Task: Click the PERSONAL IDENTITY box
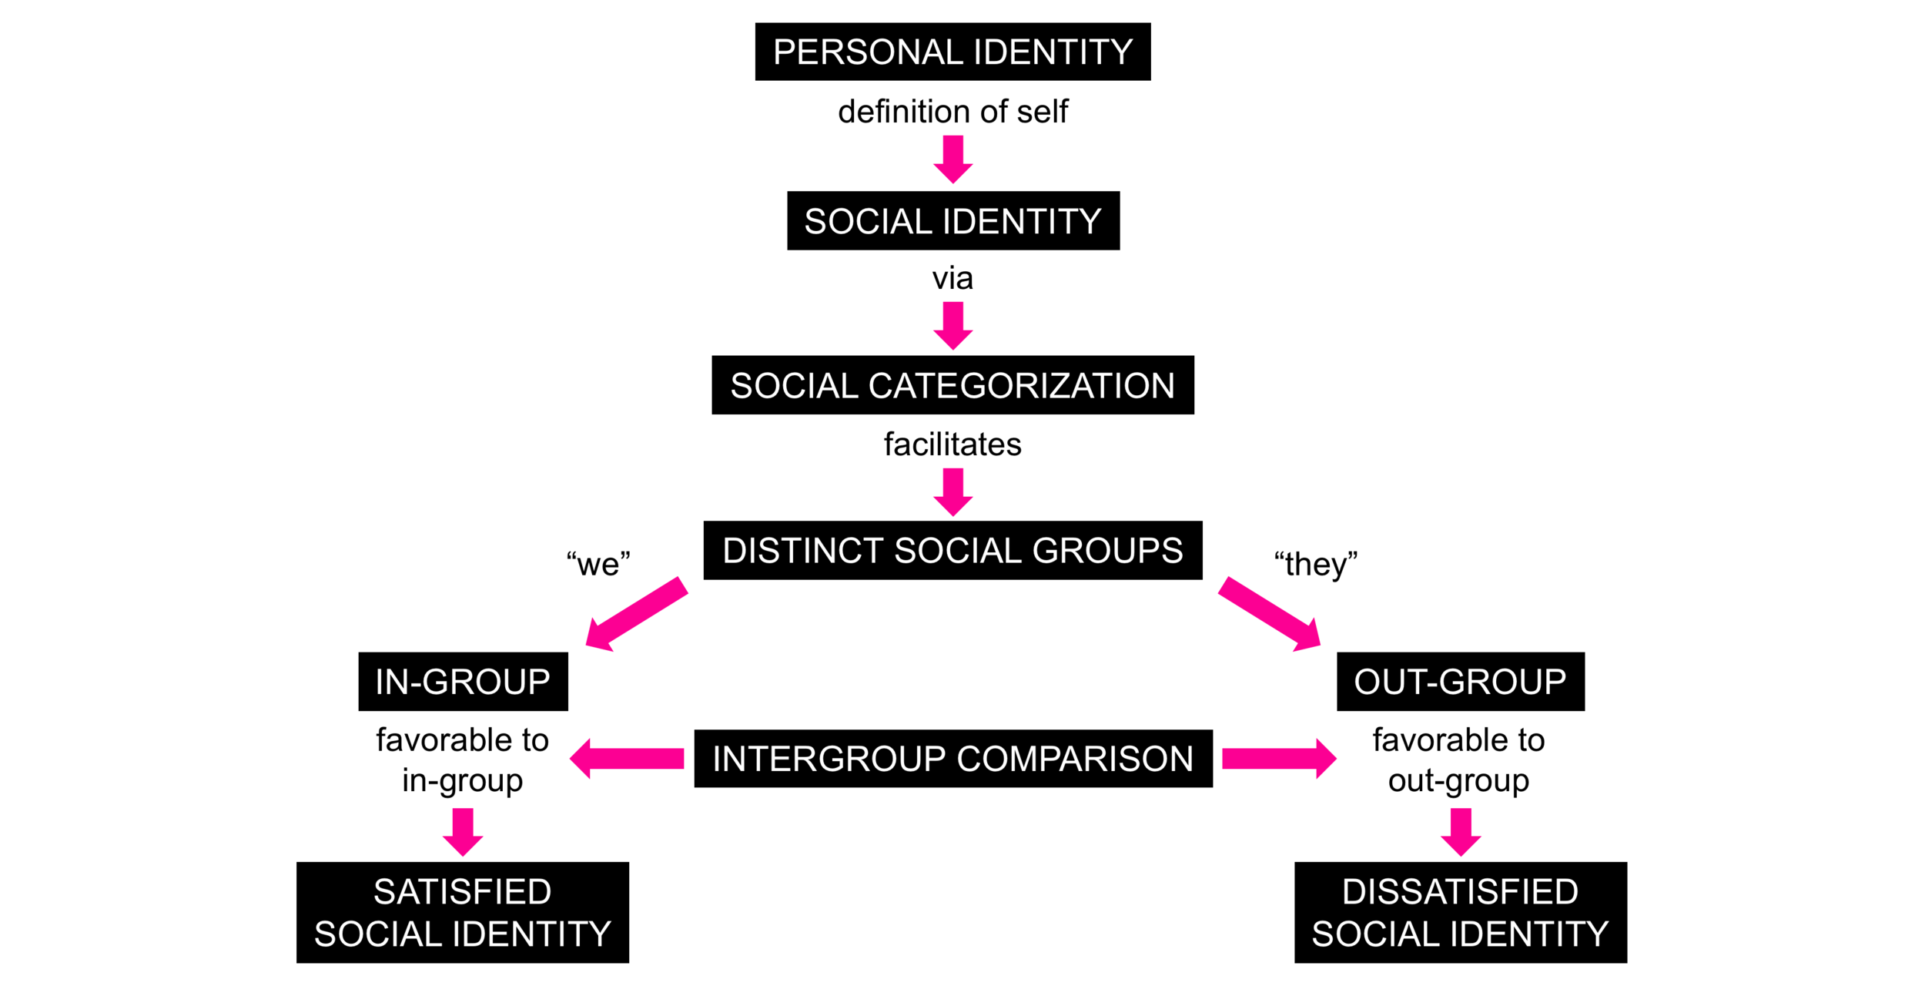point(952,52)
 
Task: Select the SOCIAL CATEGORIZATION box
point(952,385)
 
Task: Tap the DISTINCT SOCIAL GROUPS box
point(952,550)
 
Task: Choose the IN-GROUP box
point(463,682)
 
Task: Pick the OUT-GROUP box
point(1460,682)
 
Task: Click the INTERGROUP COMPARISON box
point(952,759)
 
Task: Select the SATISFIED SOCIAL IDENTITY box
point(463,912)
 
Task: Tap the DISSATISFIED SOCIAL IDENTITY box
point(1460,912)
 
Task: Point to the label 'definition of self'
point(952,112)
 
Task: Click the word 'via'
point(952,278)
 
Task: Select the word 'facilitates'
point(952,444)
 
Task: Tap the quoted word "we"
point(598,564)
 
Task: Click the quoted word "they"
point(1315,564)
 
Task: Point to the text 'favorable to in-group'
point(463,760)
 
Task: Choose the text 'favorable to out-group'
point(1458,760)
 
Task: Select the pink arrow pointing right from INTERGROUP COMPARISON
point(1279,759)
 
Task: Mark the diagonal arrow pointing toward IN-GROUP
point(635,614)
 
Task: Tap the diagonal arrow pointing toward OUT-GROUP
point(1270,614)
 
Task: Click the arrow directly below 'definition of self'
point(952,159)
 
